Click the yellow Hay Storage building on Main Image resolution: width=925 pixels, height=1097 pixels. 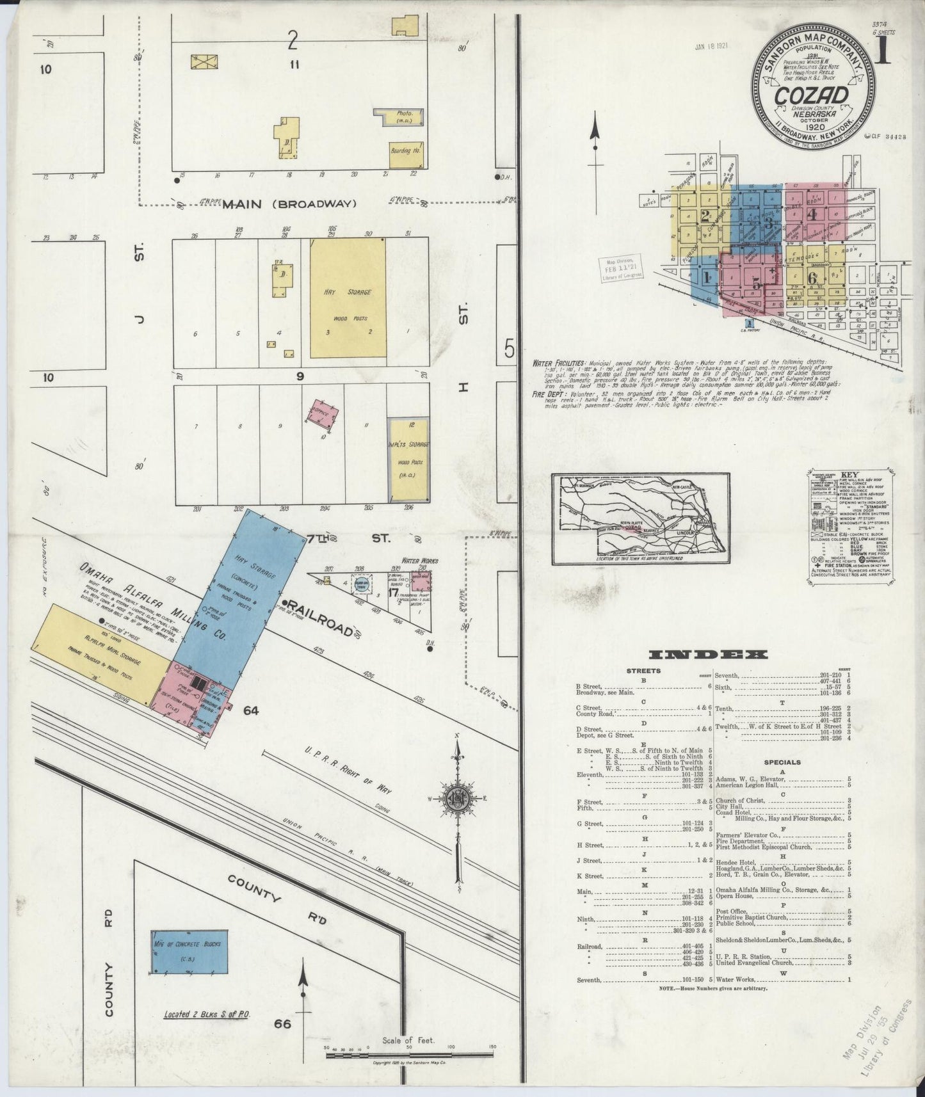click(348, 298)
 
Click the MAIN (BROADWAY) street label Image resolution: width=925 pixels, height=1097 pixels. click(289, 204)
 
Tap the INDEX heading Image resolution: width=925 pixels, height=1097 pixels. click(707, 654)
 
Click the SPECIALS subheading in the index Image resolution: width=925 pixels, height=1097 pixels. click(782, 762)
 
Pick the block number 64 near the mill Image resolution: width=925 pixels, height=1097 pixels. click(250, 709)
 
